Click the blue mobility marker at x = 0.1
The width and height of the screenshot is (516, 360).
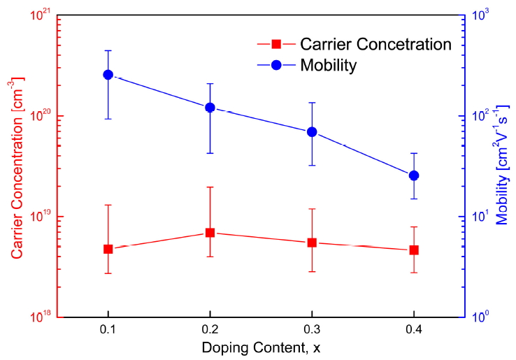tap(108, 74)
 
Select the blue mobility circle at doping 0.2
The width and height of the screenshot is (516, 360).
tap(210, 107)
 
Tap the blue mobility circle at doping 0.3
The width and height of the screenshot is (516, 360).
tap(312, 131)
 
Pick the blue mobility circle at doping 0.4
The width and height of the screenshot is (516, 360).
tap(414, 175)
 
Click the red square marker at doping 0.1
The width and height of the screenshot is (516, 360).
tap(108, 249)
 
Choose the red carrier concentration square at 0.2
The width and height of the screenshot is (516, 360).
tap(210, 232)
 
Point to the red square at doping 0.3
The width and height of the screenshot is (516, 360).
tap(312, 243)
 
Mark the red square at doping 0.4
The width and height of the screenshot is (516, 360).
tap(414, 250)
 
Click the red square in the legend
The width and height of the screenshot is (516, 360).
tap(276, 45)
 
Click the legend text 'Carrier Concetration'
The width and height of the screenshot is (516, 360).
tap(375, 44)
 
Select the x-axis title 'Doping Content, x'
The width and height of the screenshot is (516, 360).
tap(261, 347)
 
